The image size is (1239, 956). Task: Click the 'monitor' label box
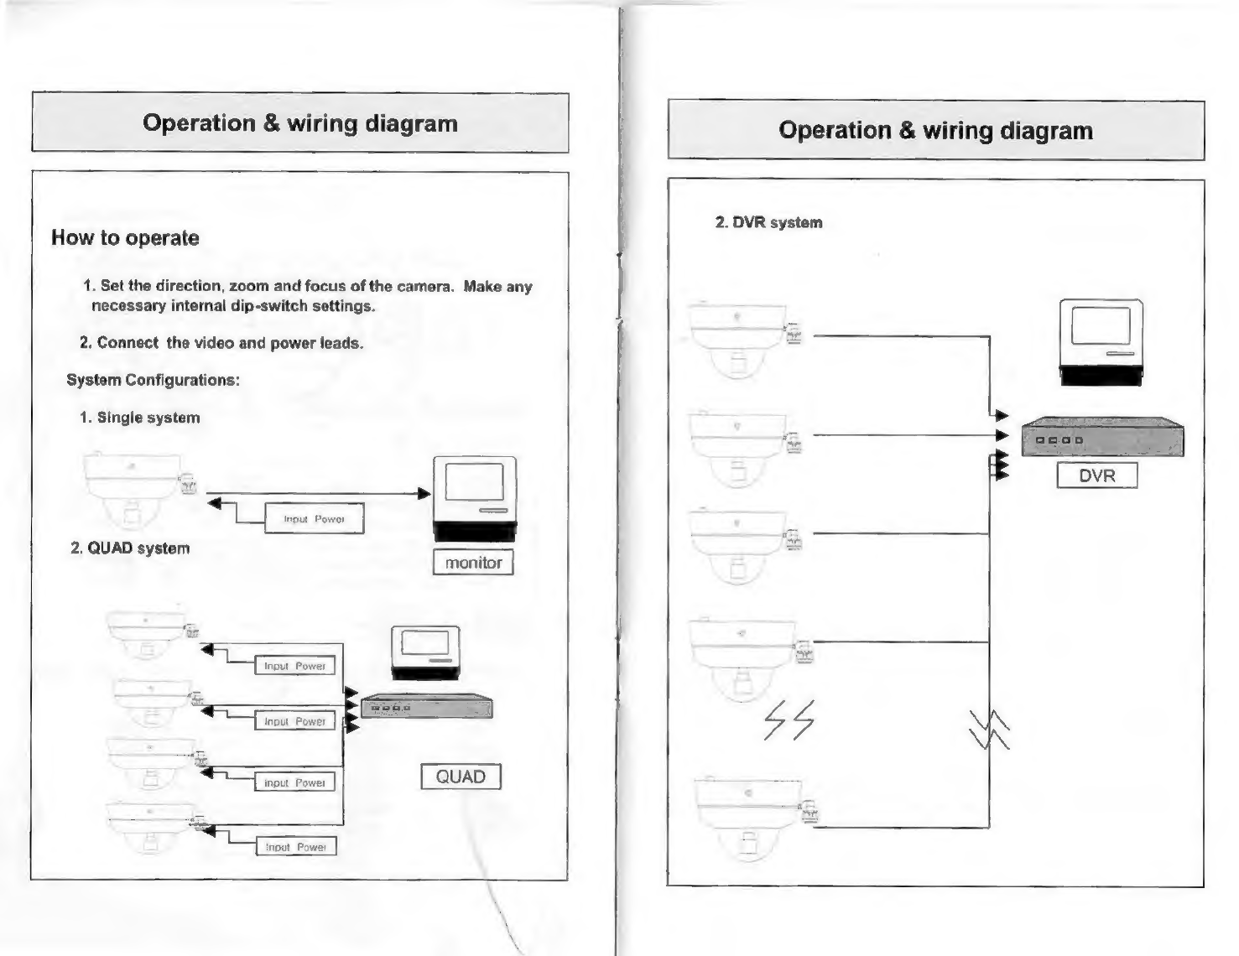pos(473,563)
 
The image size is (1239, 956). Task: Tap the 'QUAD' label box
pos(461,777)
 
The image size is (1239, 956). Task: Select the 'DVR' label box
pos(1096,475)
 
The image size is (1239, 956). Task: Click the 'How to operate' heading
pos(125,238)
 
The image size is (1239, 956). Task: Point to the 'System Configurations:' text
pos(153,380)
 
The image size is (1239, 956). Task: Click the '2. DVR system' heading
pos(768,223)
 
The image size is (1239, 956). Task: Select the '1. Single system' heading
pos(139,418)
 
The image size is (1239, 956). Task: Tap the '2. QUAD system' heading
pos(130,548)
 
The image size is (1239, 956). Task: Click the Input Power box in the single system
pos(315,519)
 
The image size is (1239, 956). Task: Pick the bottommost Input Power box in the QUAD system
pos(296,847)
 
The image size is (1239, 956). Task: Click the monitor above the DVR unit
pos(1101,341)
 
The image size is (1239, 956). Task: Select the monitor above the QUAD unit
pos(425,652)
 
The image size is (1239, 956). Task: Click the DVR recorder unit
pos(1102,437)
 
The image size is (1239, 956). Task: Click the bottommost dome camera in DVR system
pos(749,818)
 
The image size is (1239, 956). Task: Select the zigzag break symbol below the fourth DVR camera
pos(789,720)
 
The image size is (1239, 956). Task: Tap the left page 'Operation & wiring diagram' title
pos(300,123)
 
